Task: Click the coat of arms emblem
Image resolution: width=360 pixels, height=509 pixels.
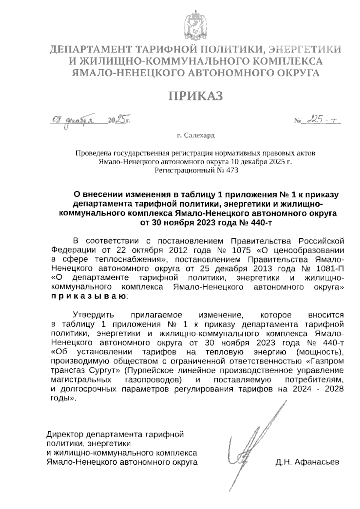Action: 196,25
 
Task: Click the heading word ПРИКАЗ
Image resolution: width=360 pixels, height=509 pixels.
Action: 196,97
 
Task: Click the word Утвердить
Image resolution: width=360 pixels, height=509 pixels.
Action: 94,315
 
